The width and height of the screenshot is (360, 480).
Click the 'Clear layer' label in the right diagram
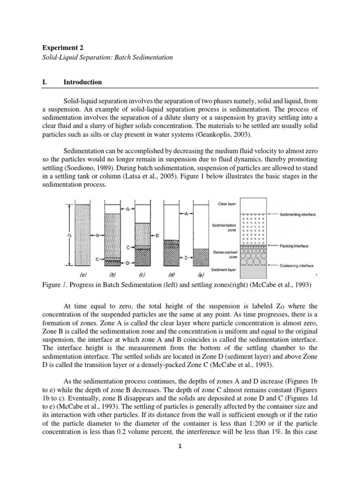[227, 204]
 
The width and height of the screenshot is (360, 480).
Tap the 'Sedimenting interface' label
[298, 214]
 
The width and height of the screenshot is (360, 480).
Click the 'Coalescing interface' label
[296, 265]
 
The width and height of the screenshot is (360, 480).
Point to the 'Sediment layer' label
[224, 270]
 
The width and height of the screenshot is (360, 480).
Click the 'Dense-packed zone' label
[223, 253]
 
